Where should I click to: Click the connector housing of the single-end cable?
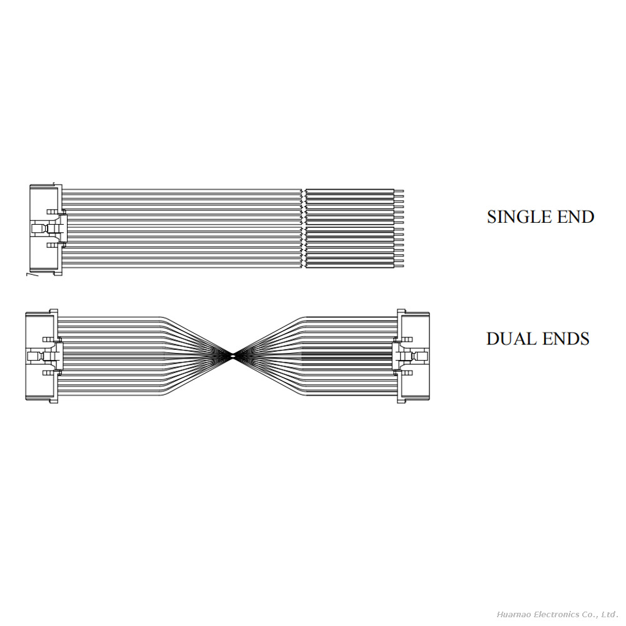[x=44, y=229]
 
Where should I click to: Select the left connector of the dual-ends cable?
[x=41, y=356]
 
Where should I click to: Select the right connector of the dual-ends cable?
[x=414, y=356]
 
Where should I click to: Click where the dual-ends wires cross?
[x=233, y=356]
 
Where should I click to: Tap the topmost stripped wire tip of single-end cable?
[x=400, y=190]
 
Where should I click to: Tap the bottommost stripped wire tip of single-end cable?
[x=400, y=267]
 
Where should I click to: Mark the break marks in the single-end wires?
[x=304, y=229]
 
